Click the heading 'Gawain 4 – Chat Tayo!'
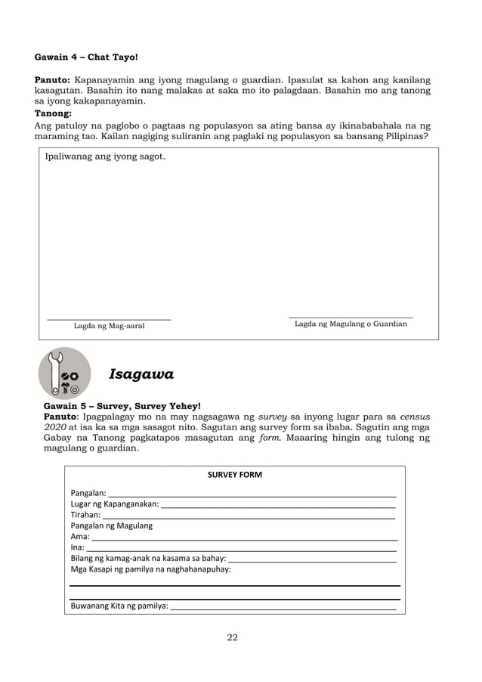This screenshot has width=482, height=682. tap(87, 57)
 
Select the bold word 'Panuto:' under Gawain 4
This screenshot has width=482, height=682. tap(53, 79)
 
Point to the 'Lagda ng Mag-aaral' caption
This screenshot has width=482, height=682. tap(109, 326)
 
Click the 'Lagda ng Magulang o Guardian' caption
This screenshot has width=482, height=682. tap(351, 324)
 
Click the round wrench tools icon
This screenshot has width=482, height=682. tap(64, 373)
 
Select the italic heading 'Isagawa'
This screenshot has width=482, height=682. tap(142, 374)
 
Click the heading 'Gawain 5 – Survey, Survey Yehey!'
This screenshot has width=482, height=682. tap(117, 405)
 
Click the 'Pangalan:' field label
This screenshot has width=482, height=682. tap(88, 493)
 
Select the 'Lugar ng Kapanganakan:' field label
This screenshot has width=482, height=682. tap(114, 504)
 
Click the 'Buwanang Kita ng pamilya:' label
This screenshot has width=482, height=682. tap(119, 606)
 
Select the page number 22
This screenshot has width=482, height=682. tap(233, 637)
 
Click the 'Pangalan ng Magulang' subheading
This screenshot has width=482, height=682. tap(111, 525)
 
